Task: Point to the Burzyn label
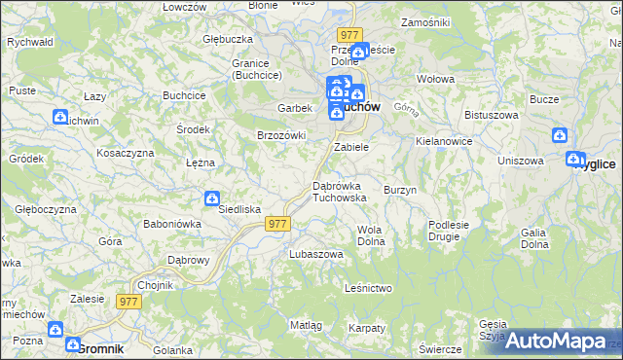pos(400,190)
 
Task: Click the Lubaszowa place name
pos(316,254)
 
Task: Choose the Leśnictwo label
pos(368,288)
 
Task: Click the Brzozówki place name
pos(281,135)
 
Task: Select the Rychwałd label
pos(29,43)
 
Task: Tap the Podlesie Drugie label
pos(449,231)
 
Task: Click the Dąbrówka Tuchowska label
pos(339,191)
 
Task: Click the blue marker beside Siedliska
pos(212,199)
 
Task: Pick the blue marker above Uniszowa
pos(559,136)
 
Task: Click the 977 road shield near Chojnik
pos(129,302)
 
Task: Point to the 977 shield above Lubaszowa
pos(277,224)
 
